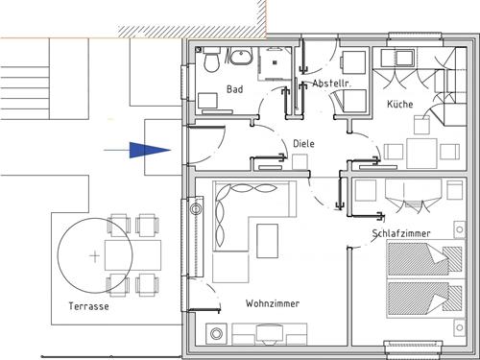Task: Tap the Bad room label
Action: (235, 89)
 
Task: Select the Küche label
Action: (400, 104)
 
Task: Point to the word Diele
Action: (303, 143)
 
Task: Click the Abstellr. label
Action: (331, 84)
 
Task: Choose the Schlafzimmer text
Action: (401, 233)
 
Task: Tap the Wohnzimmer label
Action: (273, 303)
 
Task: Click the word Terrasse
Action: (88, 306)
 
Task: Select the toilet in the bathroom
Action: (211, 60)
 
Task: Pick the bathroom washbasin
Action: (241, 57)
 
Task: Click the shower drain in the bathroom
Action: (275, 62)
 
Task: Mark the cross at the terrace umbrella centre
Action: (95, 256)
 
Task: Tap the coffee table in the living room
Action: (267, 241)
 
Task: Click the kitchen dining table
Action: (421, 154)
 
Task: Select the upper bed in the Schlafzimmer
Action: (425, 259)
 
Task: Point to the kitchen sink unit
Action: (397, 58)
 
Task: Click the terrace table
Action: (132, 255)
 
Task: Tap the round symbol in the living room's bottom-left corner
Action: (216, 334)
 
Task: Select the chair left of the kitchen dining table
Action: (394, 152)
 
